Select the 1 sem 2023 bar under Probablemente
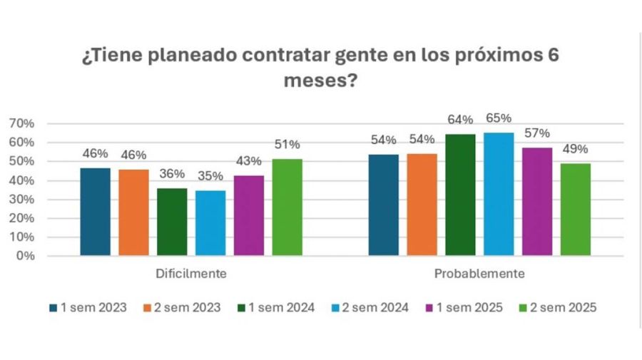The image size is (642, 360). tap(383, 205)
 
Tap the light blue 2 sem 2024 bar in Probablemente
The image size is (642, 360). tap(499, 194)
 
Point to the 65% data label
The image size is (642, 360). tap(499, 118)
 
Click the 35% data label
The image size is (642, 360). tap(210, 176)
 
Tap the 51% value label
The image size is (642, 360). tap(287, 145)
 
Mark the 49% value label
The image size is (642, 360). tap(575, 149)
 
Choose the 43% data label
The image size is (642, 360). tap(248, 161)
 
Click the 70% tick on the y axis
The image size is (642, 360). tap(21, 123)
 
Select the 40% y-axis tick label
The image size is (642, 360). tap(21, 180)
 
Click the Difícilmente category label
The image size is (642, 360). tap(191, 274)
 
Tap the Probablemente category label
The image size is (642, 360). tap(479, 274)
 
